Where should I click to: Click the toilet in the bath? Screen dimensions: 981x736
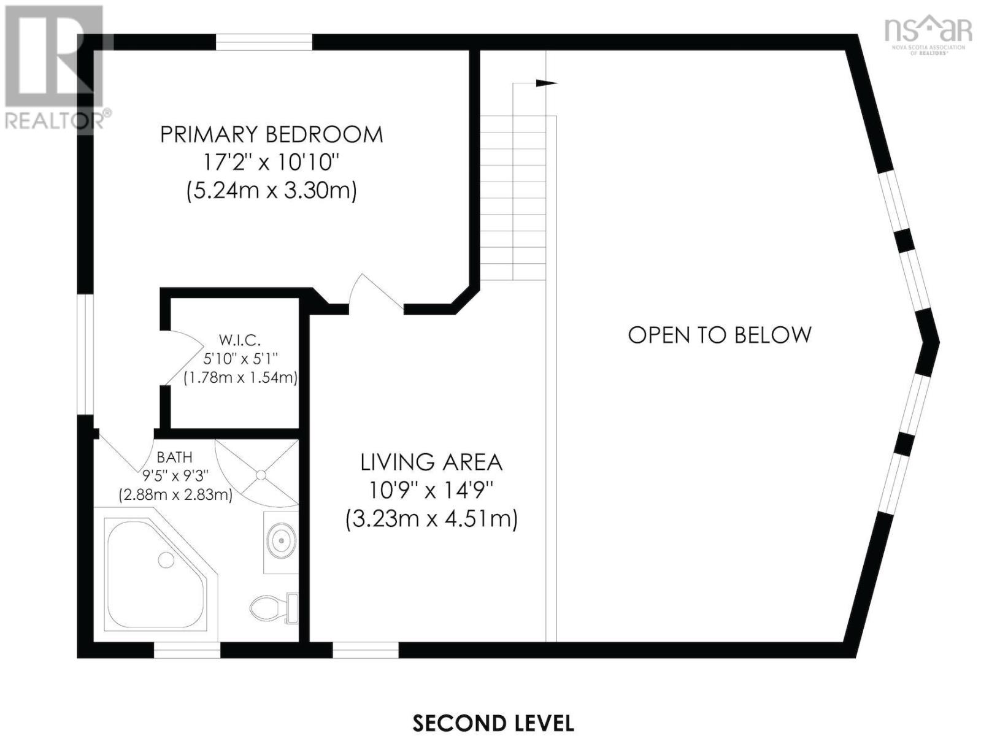click(x=274, y=608)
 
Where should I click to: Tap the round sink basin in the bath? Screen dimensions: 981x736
click(x=281, y=540)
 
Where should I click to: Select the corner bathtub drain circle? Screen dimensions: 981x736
click(x=166, y=559)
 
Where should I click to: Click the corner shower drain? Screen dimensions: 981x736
click(x=261, y=475)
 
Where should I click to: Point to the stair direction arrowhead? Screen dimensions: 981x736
click(x=547, y=83)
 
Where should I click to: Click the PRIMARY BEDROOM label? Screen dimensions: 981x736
click(x=272, y=134)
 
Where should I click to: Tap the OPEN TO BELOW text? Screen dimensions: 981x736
click(x=719, y=335)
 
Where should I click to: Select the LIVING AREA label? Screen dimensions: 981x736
click(x=431, y=462)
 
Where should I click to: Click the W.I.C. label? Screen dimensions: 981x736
click(x=239, y=340)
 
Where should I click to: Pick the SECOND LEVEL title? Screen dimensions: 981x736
click(x=493, y=723)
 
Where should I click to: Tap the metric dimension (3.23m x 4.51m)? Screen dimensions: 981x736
click(x=431, y=519)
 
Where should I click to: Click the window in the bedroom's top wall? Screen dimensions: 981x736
click(x=264, y=42)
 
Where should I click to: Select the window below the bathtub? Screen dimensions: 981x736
click(x=187, y=650)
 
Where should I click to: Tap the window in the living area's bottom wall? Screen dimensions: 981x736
click(x=366, y=650)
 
